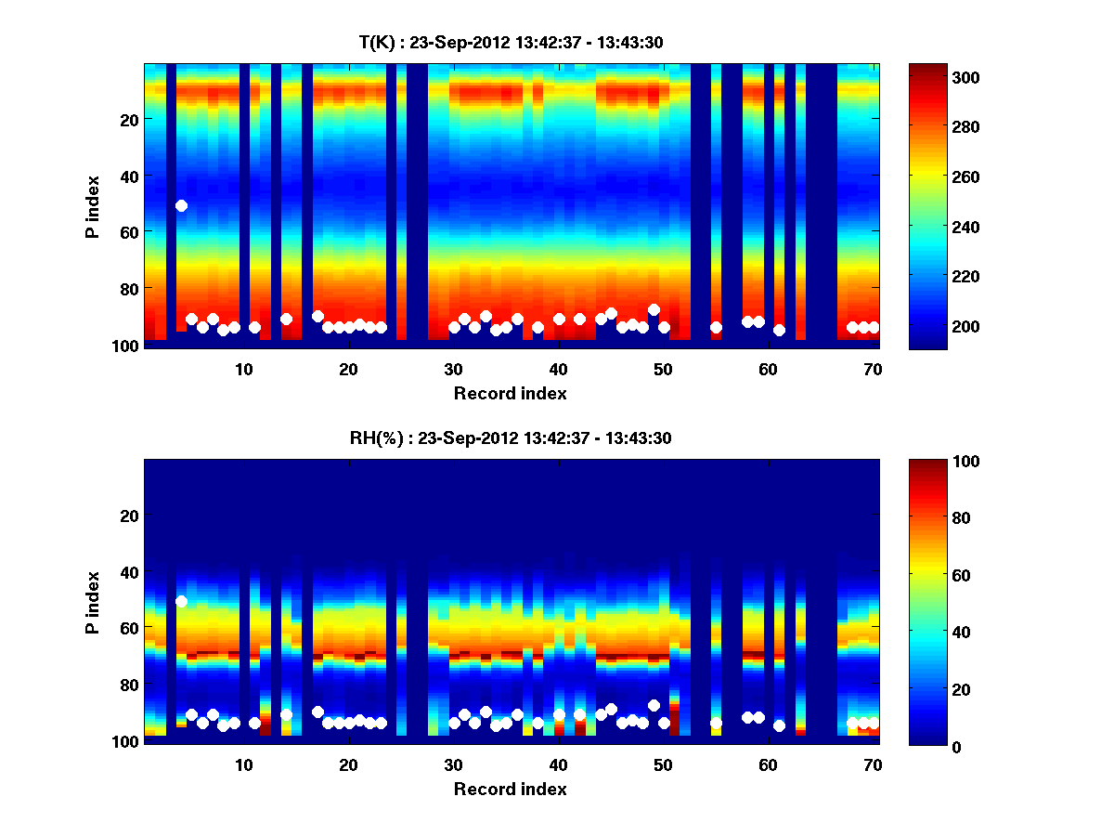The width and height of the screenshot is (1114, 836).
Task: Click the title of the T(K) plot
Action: point(510,42)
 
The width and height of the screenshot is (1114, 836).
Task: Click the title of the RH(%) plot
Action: point(510,438)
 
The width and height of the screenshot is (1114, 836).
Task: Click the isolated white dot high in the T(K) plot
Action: point(181,205)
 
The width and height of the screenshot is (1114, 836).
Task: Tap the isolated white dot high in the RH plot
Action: point(181,601)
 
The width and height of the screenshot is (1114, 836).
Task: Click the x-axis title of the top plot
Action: point(510,393)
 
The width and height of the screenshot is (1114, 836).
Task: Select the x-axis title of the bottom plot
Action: point(510,789)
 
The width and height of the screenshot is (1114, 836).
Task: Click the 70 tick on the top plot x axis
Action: point(873,369)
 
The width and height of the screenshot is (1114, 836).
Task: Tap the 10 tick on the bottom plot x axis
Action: point(243,764)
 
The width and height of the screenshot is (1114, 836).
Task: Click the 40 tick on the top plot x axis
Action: point(558,369)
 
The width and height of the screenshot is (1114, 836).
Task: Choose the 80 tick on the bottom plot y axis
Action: point(128,685)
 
